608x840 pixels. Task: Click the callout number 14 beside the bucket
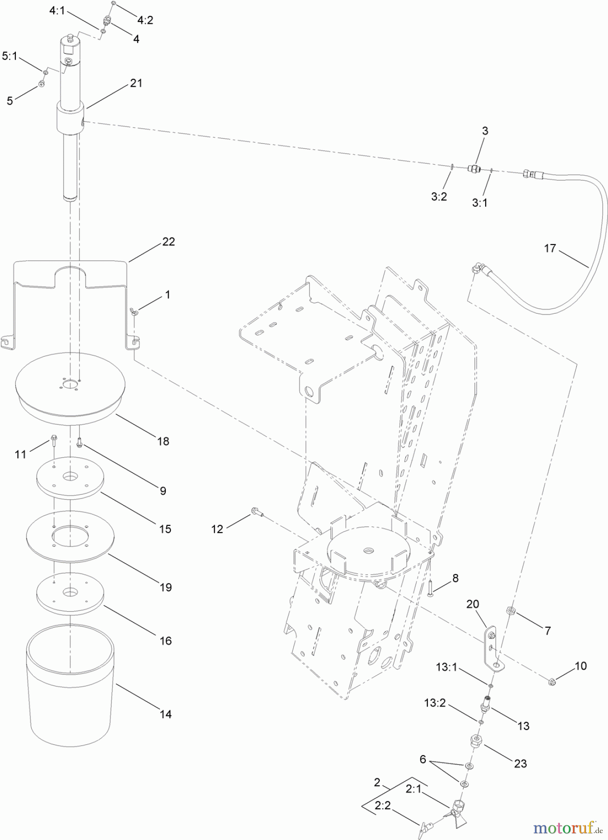pyautogui.click(x=165, y=714)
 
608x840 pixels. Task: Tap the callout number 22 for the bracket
pyautogui.click(x=168, y=242)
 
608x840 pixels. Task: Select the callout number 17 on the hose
pyautogui.click(x=550, y=248)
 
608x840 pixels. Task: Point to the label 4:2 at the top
pyautogui.click(x=145, y=20)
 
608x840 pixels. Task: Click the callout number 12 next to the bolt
pyautogui.click(x=217, y=529)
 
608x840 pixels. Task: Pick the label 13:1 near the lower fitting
pyautogui.click(x=446, y=667)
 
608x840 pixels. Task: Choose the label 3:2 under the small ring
pyautogui.click(x=438, y=196)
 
